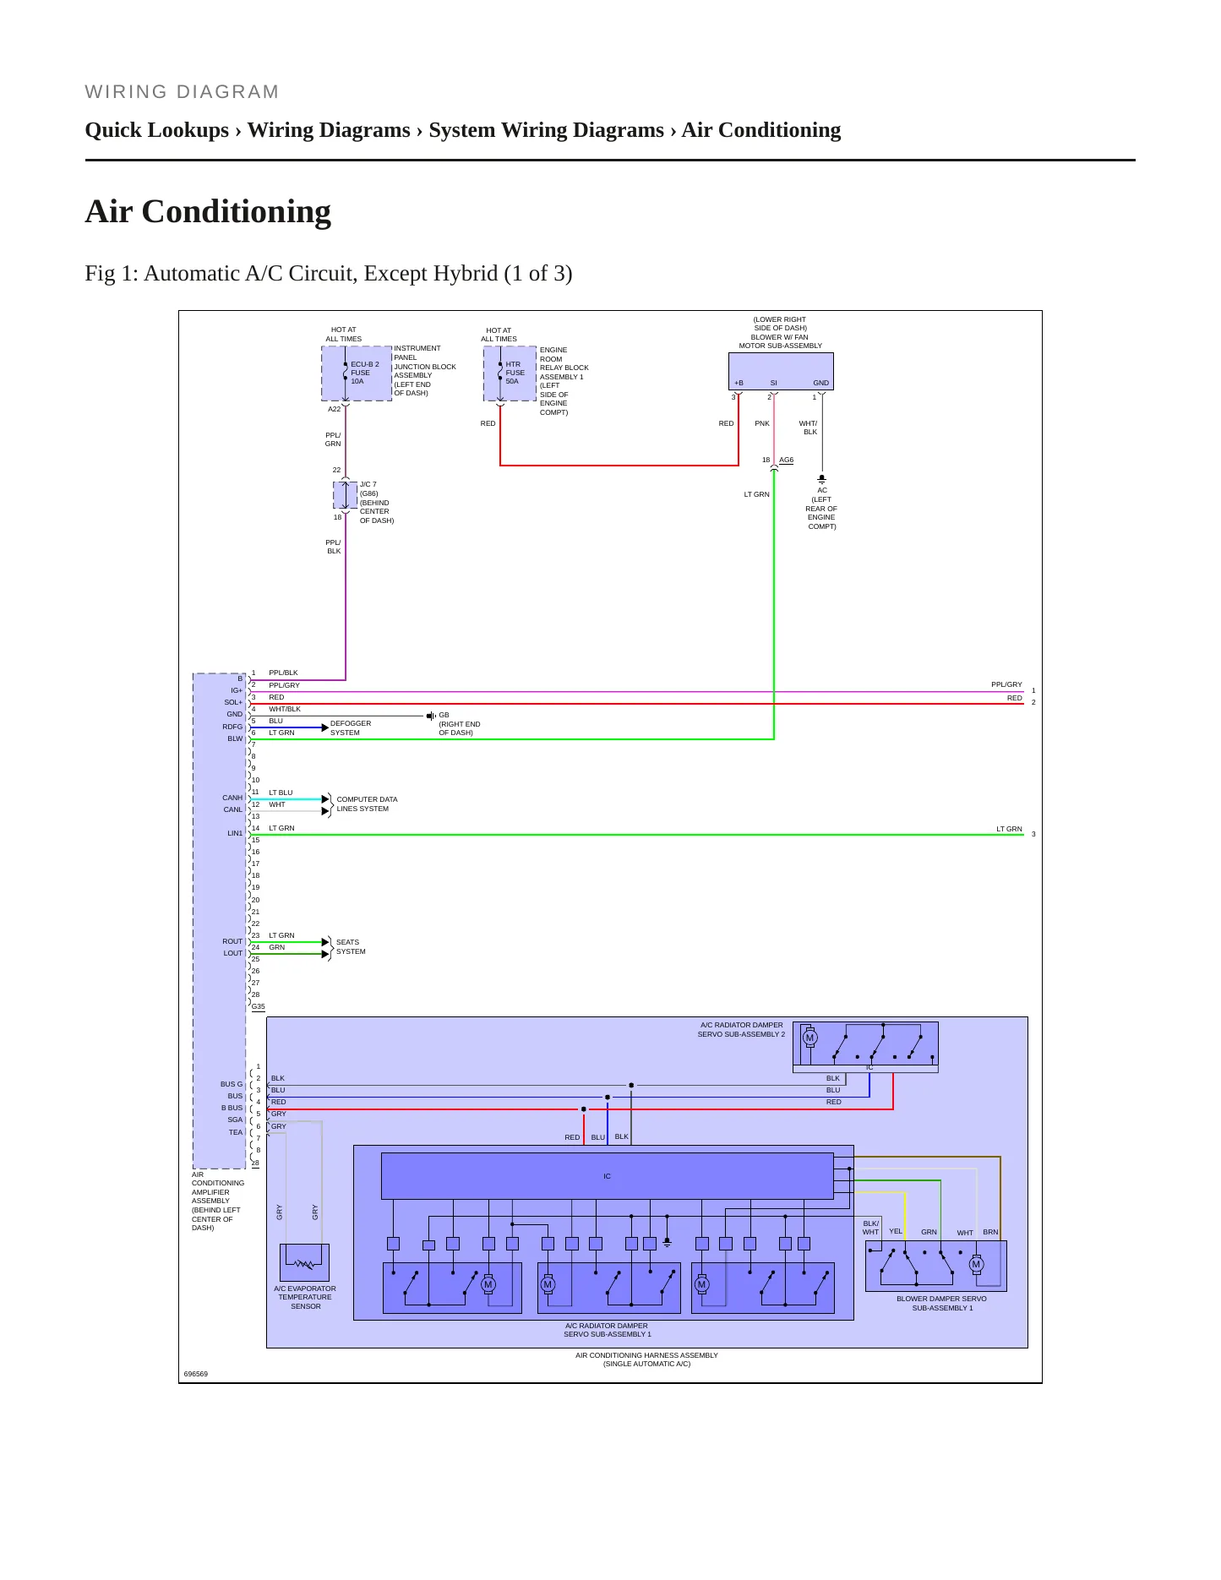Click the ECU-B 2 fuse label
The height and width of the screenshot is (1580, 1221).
[364, 373]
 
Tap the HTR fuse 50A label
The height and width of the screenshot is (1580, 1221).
[515, 373]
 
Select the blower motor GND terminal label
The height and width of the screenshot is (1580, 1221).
[820, 383]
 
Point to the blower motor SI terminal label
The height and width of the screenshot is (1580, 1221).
[773, 383]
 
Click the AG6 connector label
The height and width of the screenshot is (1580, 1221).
[786, 460]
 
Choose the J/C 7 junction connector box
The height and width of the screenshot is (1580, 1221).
[346, 495]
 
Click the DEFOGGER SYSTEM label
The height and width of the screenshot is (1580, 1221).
[351, 727]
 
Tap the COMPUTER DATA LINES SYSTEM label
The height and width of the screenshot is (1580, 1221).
[367, 804]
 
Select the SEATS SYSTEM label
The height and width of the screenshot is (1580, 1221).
[351, 946]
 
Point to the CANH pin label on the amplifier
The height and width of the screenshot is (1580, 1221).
[232, 798]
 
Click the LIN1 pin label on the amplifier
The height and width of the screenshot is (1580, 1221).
[235, 833]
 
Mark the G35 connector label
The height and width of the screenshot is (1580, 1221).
[259, 1006]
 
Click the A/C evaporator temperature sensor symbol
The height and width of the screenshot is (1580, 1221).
[304, 1262]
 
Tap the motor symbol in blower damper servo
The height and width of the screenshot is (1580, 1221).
[976, 1265]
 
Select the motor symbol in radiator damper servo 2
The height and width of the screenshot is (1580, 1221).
[809, 1038]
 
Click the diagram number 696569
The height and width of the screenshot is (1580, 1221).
[196, 1374]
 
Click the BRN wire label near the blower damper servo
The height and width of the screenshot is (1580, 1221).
[990, 1232]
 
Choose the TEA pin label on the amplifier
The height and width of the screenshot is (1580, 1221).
[236, 1132]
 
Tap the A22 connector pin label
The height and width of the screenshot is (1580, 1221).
[335, 409]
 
